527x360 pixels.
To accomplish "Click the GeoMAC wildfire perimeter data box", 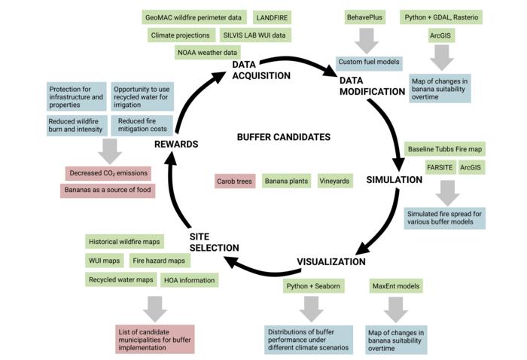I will (x=193, y=17).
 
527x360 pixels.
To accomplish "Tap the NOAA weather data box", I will (x=207, y=53).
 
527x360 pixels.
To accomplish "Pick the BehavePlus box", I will (x=367, y=17).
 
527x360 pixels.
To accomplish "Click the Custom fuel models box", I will (x=369, y=63).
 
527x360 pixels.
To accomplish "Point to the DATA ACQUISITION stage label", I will (x=260, y=70).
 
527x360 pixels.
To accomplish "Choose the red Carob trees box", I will (x=235, y=181).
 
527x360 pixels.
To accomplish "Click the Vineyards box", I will (x=333, y=181).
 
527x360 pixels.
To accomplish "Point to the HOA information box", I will (x=190, y=280).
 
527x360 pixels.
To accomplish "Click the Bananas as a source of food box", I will (x=107, y=191).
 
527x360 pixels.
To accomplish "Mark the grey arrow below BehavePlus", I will (x=367, y=40).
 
